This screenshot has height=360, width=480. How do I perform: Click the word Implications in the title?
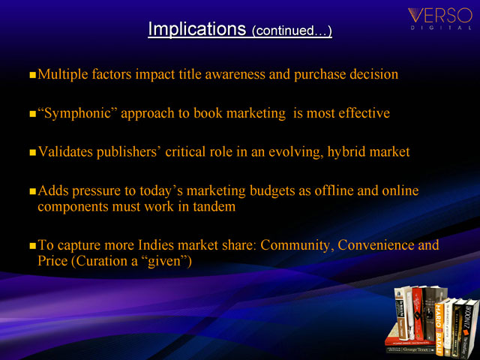click(196, 29)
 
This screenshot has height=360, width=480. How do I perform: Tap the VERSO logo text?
click(440, 15)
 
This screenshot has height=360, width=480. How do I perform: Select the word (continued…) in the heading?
click(292, 31)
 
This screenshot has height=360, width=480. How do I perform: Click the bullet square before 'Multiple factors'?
click(33, 75)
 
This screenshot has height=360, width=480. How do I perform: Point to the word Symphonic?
click(78, 113)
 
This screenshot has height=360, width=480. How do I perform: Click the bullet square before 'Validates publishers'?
click(33, 152)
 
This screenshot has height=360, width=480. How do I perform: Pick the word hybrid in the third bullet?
click(346, 152)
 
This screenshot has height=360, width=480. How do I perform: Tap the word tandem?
click(214, 207)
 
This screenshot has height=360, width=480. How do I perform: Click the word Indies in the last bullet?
click(156, 245)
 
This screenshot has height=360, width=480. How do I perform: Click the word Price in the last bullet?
click(52, 261)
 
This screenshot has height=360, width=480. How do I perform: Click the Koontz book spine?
click(468, 328)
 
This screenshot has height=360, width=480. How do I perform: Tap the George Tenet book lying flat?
click(410, 349)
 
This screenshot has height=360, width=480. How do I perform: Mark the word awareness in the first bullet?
click(235, 74)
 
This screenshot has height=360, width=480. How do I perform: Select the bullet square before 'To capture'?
click(33, 246)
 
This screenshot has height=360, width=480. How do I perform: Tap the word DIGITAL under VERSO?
click(441, 28)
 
